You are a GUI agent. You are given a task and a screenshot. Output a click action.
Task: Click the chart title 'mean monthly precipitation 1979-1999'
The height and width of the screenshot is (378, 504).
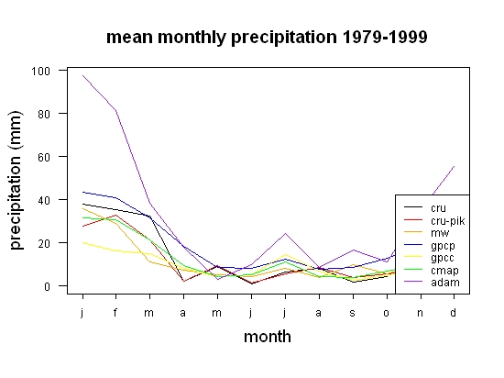click(267, 38)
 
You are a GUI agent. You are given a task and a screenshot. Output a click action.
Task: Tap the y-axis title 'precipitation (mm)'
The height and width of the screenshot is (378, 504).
click(16, 180)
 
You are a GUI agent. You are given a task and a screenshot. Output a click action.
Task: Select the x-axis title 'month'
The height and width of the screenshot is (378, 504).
click(268, 337)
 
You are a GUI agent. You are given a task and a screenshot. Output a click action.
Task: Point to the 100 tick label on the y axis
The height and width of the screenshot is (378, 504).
click(41, 71)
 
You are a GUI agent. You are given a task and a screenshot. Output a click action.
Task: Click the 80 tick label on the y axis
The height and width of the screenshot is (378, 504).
click(44, 114)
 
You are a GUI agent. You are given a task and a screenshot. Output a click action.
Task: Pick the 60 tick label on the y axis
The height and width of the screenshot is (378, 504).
click(44, 157)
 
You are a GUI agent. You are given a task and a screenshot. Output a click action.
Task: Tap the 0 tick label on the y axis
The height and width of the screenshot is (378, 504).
click(48, 286)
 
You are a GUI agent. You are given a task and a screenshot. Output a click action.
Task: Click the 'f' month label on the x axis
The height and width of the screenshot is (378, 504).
click(115, 312)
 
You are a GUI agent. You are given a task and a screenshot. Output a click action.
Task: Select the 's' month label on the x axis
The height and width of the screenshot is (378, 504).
click(353, 313)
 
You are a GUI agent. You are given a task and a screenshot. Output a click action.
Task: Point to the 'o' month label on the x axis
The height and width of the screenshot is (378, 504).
click(387, 313)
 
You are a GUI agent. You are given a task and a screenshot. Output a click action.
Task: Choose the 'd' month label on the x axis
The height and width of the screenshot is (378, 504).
click(453, 312)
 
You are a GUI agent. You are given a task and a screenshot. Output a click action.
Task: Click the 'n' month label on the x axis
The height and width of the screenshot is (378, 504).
click(420, 313)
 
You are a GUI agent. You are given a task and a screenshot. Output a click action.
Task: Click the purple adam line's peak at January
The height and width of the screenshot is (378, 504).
click(82, 75)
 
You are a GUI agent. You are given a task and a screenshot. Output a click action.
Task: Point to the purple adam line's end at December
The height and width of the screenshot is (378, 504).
click(454, 166)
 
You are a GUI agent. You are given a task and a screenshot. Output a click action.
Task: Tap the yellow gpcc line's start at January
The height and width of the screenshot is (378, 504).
click(82, 242)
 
